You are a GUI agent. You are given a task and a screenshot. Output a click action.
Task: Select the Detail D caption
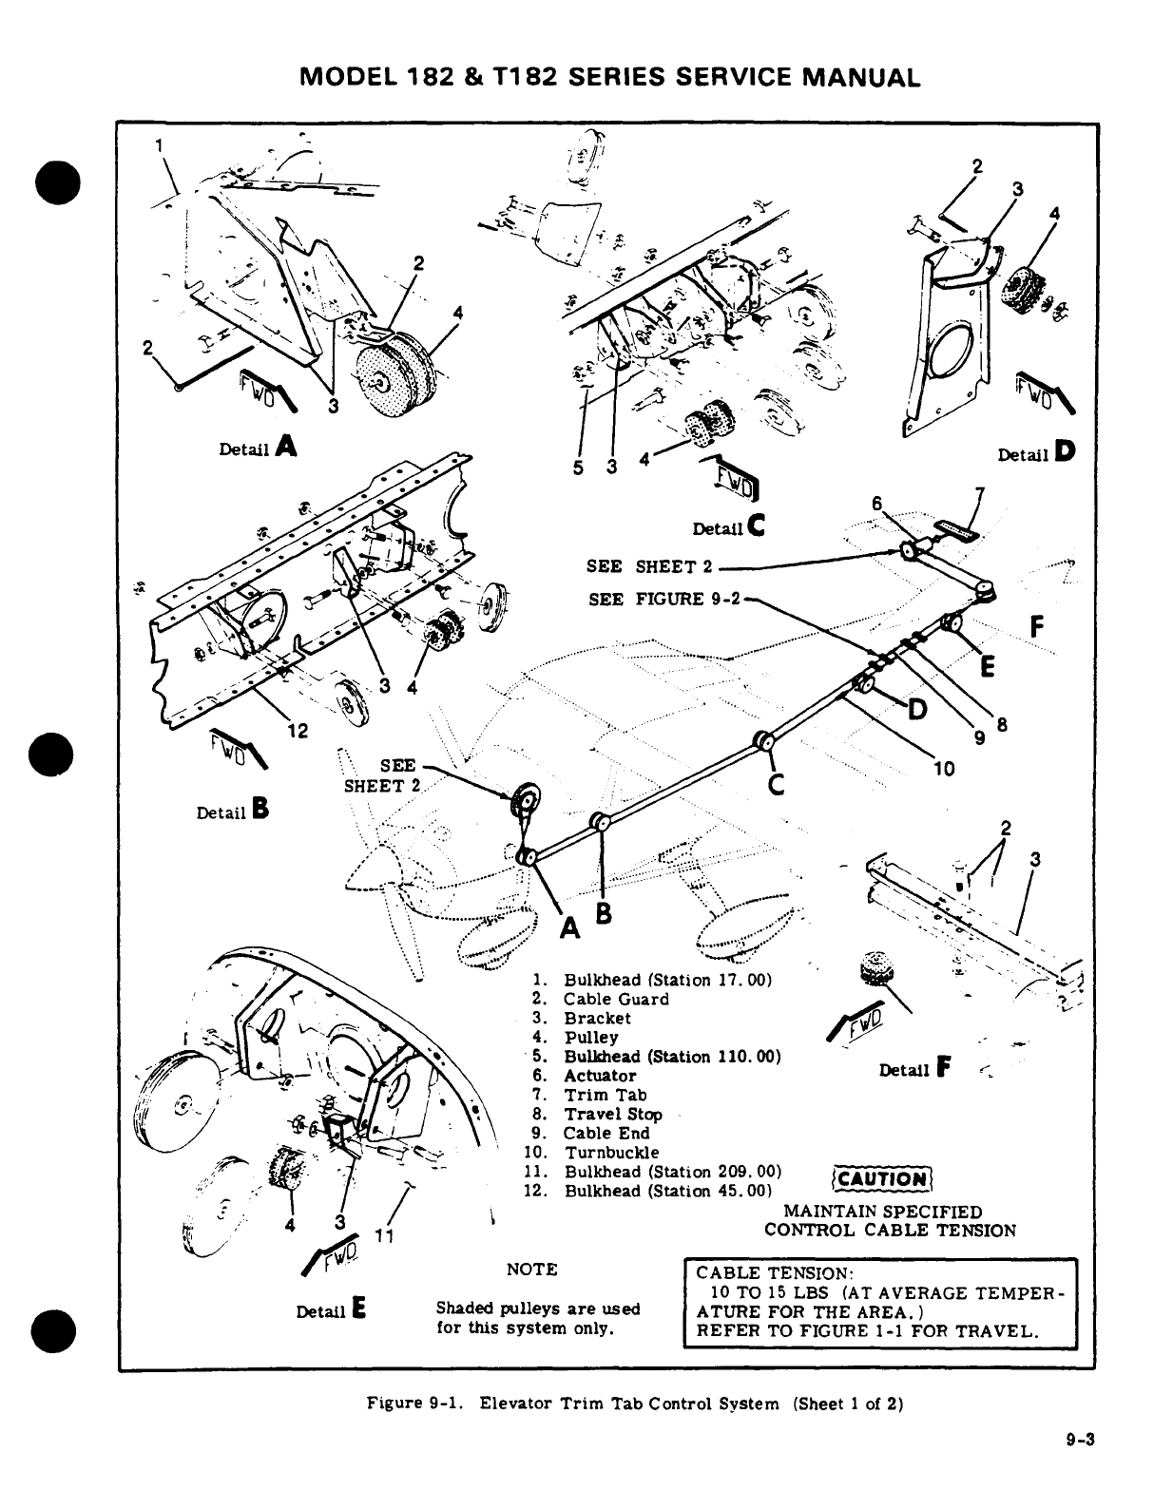click(1035, 454)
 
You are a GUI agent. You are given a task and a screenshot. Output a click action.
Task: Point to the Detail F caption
click(916, 1070)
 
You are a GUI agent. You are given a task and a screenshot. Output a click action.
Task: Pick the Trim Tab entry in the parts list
click(605, 1095)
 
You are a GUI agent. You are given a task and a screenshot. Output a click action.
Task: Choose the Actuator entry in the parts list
click(600, 1076)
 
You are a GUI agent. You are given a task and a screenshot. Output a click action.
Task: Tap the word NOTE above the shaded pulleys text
click(532, 1270)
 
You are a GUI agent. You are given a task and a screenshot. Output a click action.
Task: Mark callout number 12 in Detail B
click(298, 731)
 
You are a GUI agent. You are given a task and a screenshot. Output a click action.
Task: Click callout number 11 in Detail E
click(383, 1236)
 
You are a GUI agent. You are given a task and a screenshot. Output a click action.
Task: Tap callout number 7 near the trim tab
click(979, 492)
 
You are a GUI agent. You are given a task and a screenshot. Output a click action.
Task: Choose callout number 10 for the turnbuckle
click(944, 769)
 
